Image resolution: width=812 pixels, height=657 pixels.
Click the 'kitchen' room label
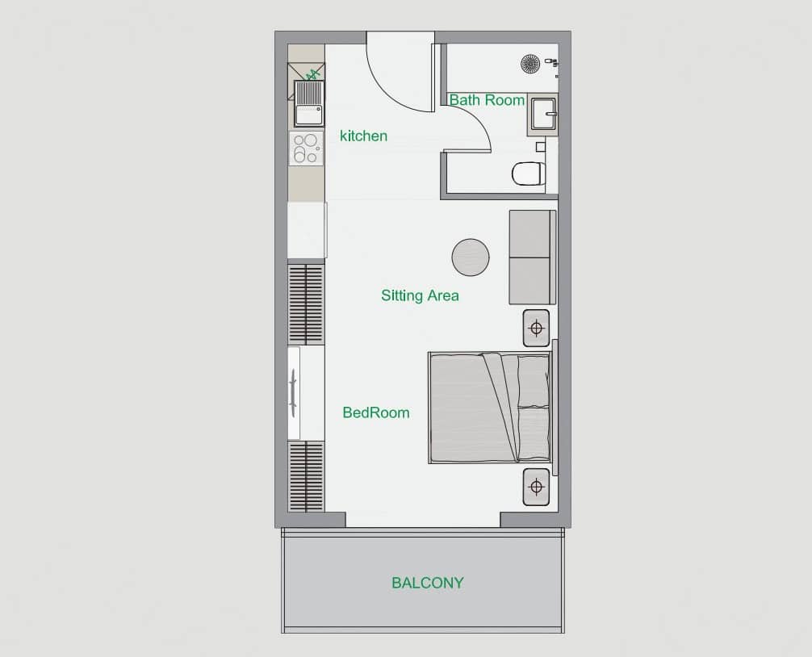[x=363, y=136]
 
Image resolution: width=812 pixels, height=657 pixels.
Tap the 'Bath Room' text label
[x=487, y=100]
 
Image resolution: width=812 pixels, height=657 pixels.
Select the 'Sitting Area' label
[x=420, y=295]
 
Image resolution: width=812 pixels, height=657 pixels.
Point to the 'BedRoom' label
[x=376, y=412]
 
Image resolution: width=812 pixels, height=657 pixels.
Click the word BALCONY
[x=427, y=583]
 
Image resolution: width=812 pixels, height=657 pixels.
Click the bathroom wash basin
[x=543, y=115]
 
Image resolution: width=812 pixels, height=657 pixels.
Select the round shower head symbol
[x=530, y=64]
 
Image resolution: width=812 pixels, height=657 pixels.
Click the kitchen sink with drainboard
[x=308, y=103]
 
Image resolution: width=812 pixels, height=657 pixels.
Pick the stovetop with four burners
[x=306, y=148]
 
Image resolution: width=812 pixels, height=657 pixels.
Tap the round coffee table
[x=471, y=257]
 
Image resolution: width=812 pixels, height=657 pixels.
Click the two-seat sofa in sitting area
[x=533, y=257]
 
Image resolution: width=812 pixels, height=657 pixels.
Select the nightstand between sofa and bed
[x=536, y=328]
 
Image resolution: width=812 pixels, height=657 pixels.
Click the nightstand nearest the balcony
[x=536, y=488]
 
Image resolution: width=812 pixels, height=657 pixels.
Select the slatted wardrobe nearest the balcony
[x=306, y=476]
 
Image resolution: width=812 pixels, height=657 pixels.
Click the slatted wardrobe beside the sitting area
[x=306, y=304]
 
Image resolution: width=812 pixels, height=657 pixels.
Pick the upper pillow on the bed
[x=534, y=381]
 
